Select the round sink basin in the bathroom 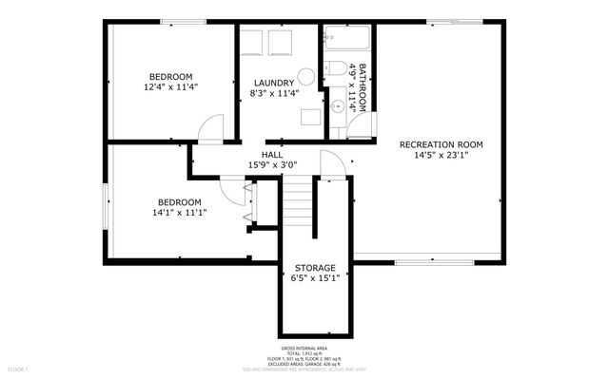tap(337, 106)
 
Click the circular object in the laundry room tap(306, 77)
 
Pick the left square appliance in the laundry tap(252, 43)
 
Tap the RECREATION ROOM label tap(441, 144)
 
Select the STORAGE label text tap(315, 268)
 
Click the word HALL tap(272, 155)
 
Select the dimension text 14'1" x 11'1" tap(179, 213)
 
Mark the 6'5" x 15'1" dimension tap(315, 278)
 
